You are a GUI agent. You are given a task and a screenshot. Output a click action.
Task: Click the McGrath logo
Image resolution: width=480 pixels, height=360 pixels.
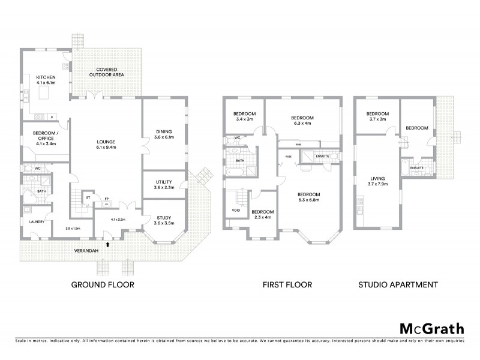(431, 328)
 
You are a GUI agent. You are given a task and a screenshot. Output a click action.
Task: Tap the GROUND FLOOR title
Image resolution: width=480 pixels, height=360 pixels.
(103, 284)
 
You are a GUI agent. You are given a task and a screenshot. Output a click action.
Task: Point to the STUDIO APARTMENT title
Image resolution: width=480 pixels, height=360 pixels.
(397, 284)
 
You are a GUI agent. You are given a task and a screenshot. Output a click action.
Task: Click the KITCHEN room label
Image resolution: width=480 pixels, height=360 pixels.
(46, 80)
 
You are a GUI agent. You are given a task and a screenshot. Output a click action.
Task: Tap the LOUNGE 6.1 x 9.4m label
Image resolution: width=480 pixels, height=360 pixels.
(106, 144)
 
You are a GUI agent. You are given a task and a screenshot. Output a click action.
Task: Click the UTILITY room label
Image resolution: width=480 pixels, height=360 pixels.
(164, 184)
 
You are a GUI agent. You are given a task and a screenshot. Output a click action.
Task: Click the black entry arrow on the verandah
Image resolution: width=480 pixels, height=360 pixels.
(108, 244)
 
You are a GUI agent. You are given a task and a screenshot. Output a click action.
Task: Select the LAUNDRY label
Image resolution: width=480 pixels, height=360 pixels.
(29, 221)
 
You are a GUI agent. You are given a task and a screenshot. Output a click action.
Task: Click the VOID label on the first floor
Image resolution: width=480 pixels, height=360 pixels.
(236, 211)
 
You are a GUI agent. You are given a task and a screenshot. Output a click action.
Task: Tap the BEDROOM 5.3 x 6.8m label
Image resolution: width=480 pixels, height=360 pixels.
(310, 197)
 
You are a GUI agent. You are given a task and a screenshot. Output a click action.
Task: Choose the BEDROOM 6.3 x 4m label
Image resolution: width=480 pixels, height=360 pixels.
(303, 121)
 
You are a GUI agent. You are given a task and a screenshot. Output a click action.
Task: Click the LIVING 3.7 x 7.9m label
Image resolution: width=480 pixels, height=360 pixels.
(377, 181)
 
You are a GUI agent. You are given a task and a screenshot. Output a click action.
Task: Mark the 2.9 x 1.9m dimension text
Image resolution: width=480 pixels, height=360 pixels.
(73, 229)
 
